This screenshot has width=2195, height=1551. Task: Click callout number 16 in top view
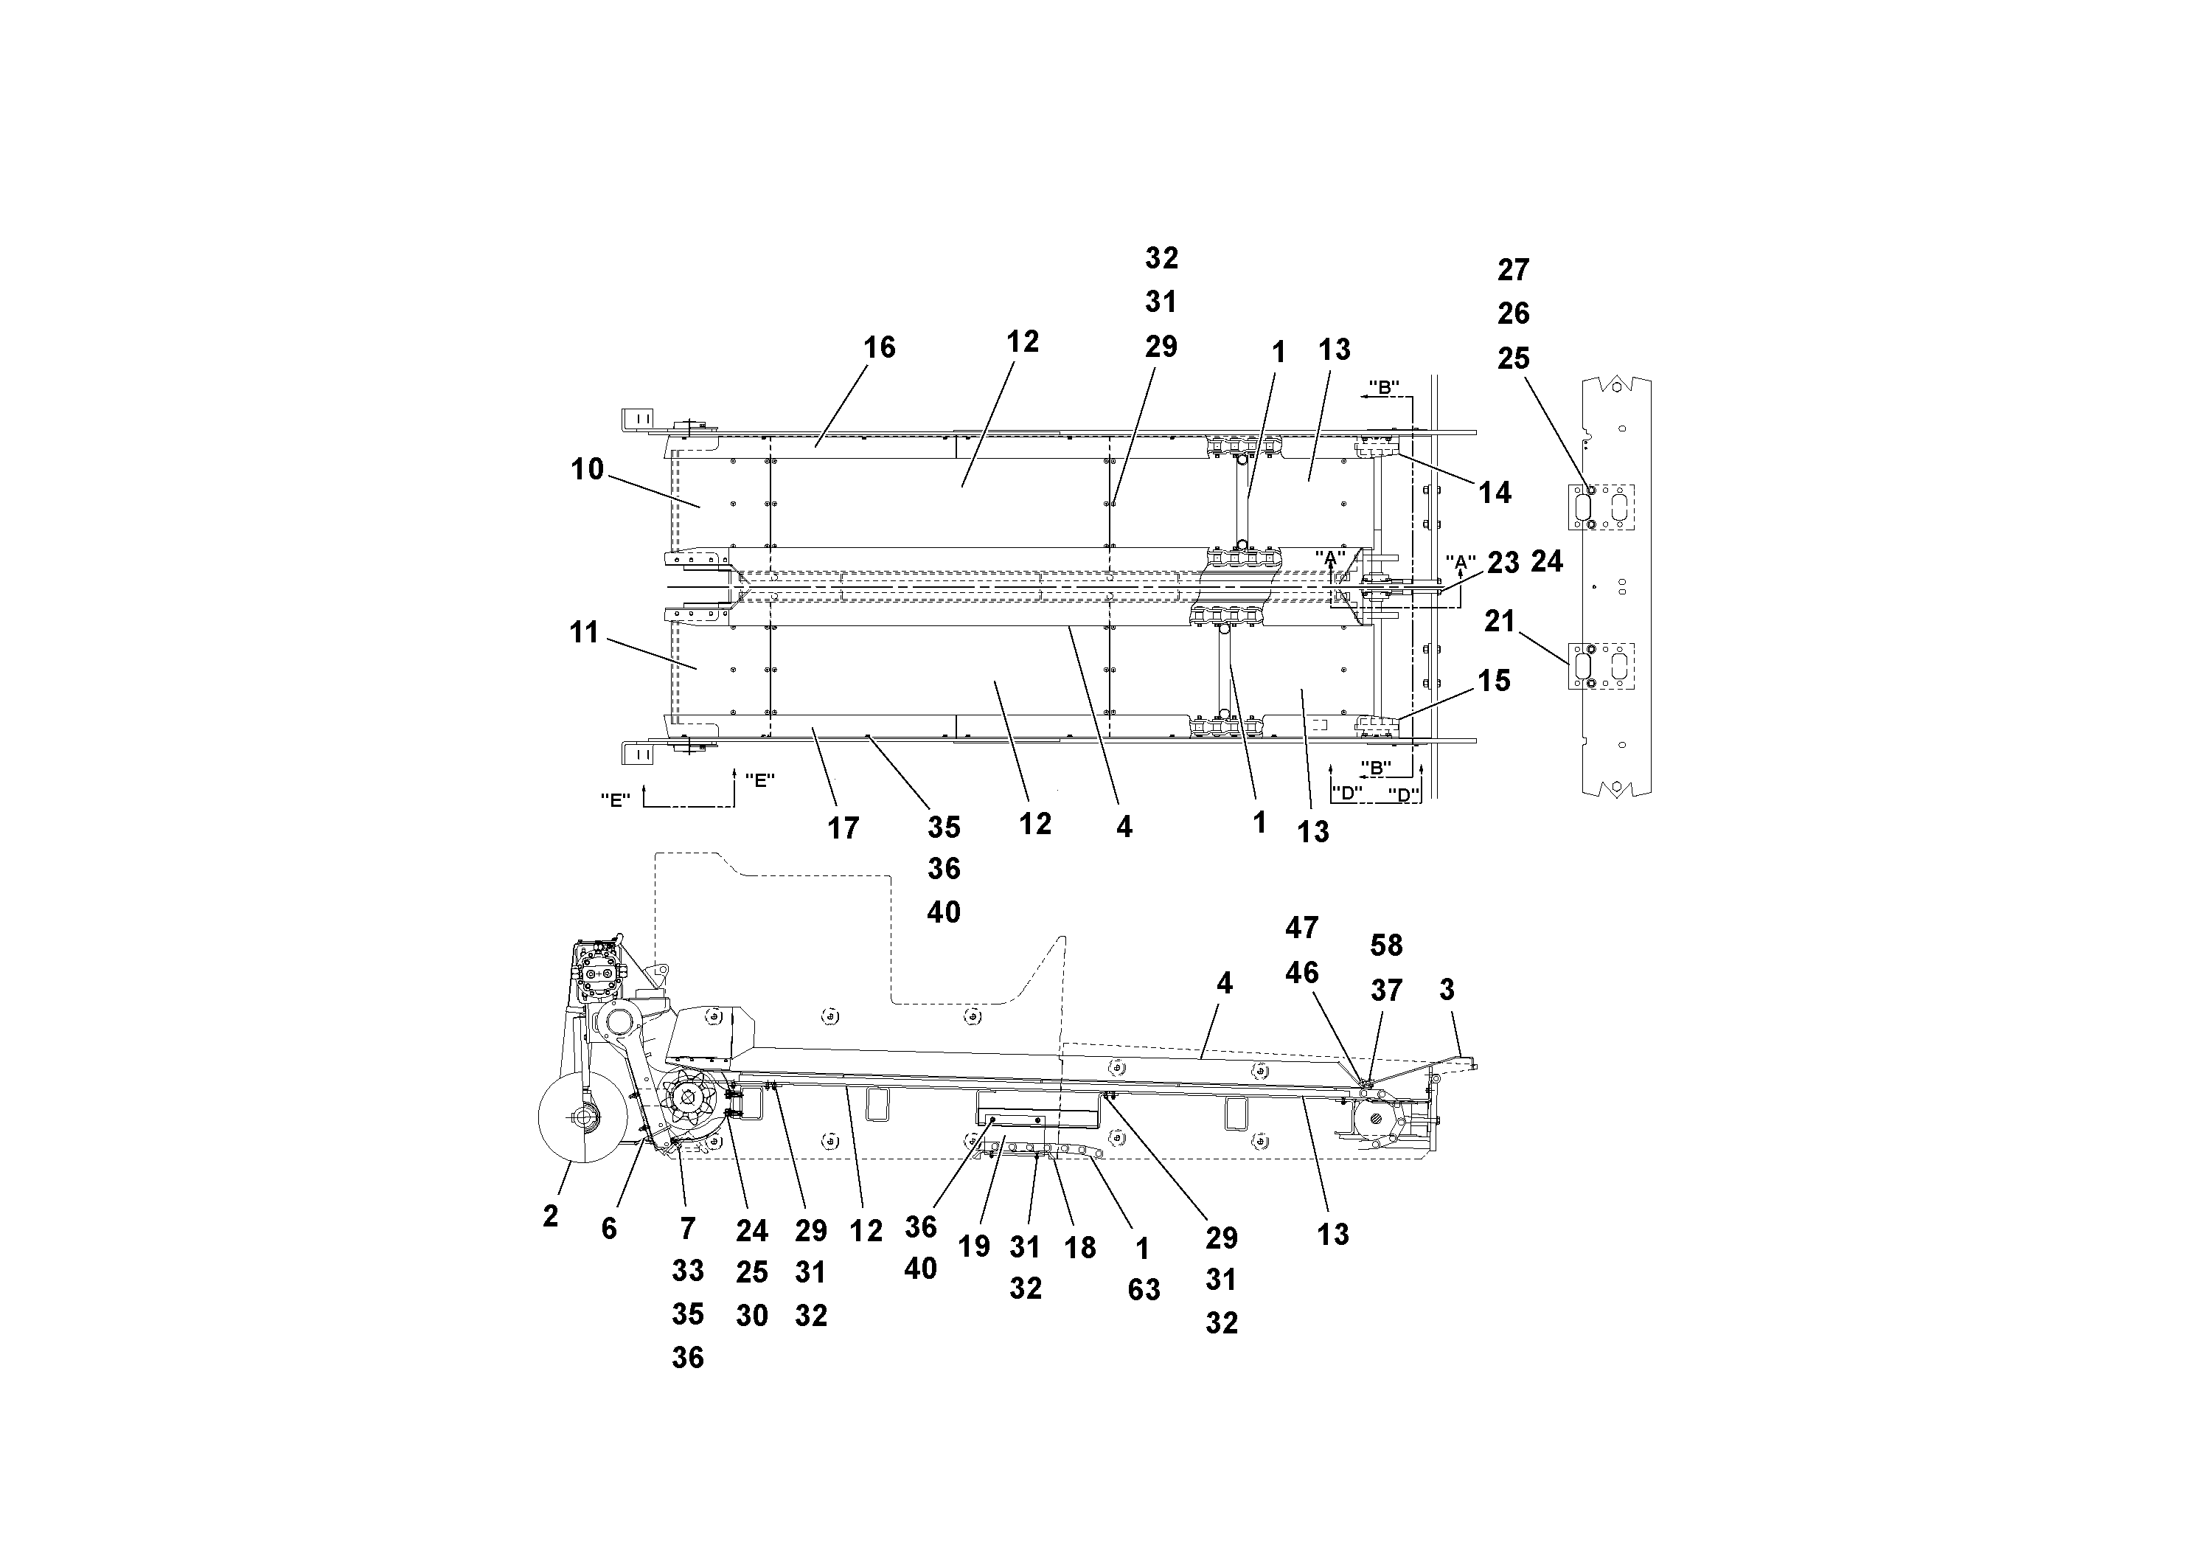(879, 347)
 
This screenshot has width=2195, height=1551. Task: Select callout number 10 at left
(587, 470)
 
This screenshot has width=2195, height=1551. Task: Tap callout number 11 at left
(584, 632)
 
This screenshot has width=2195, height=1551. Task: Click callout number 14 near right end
(1495, 493)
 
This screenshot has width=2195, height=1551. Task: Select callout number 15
(1493, 681)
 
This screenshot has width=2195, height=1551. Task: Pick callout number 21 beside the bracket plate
(1499, 622)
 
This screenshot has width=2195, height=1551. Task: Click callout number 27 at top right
(1512, 271)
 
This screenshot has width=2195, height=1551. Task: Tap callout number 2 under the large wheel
(550, 1216)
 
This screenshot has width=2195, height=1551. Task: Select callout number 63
(1144, 1290)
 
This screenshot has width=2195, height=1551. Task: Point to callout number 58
(1385, 945)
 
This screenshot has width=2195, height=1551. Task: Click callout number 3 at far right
(1447, 990)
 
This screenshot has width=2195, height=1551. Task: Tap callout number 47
(1301, 928)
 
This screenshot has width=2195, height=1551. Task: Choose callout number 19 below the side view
(974, 1247)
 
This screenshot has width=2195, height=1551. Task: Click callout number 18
(1080, 1247)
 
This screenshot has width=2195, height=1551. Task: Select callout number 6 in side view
(609, 1229)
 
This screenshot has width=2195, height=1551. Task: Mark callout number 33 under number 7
(687, 1271)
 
